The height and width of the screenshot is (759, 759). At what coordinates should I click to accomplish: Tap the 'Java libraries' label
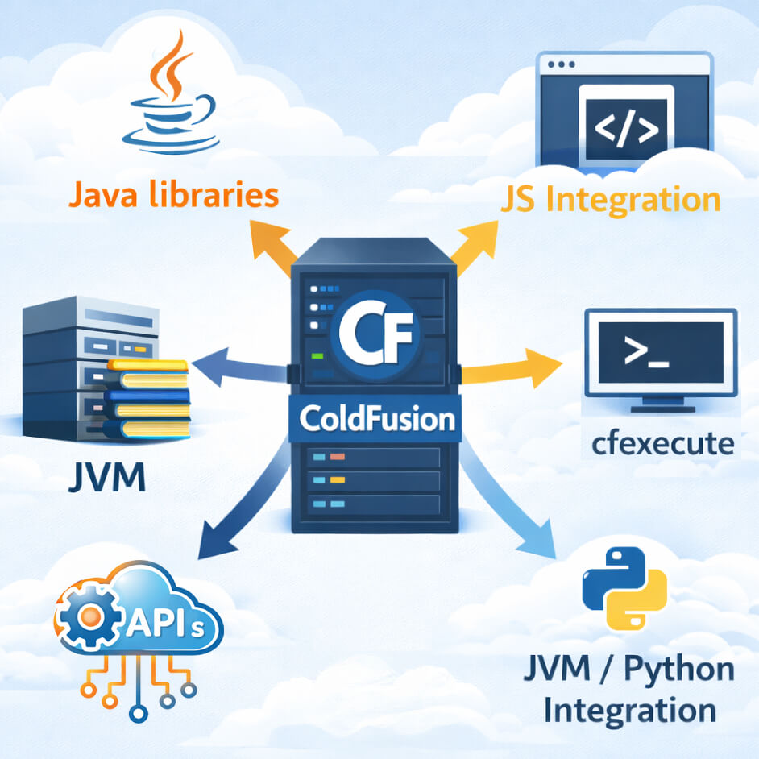(173, 195)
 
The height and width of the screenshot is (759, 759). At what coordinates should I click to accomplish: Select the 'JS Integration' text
(610, 199)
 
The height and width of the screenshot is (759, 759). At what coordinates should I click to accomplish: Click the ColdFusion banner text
(376, 420)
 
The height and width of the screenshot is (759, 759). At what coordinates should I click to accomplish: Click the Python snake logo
(624, 589)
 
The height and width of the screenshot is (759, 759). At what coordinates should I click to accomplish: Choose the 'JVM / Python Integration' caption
(629, 690)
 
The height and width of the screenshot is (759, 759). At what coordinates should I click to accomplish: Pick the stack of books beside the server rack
(147, 400)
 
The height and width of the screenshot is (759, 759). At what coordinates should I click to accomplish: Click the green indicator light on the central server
(317, 355)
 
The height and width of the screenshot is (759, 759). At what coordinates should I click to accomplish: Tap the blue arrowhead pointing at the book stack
(205, 363)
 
